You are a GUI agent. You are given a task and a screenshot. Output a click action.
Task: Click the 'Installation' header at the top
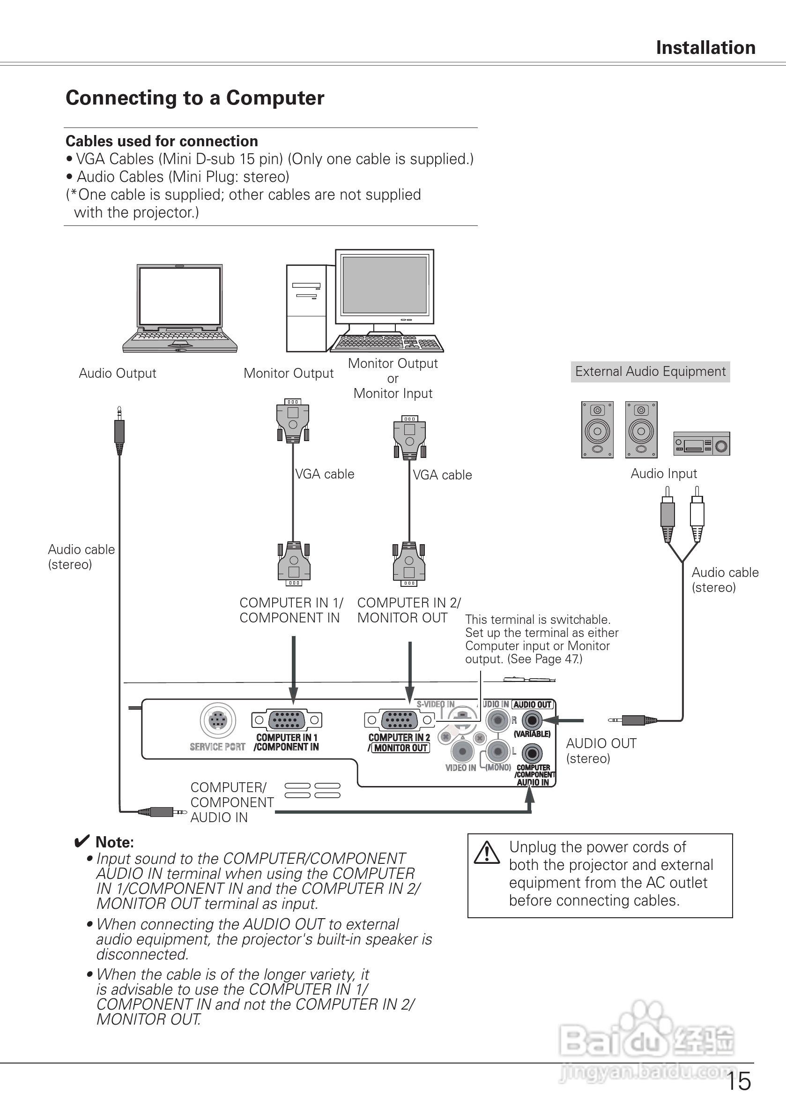click(x=705, y=48)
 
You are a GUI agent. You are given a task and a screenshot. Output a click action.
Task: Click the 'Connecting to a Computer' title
click(x=195, y=97)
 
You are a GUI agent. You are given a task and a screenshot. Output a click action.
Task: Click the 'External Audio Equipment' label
click(x=650, y=372)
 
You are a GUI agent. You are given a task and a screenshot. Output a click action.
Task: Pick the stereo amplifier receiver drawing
click(x=702, y=444)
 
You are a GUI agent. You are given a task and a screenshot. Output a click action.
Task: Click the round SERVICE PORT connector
click(x=218, y=720)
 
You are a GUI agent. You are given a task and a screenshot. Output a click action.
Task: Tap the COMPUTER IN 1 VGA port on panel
click(x=287, y=720)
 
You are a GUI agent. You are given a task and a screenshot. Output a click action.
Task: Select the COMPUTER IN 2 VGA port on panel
click(x=399, y=720)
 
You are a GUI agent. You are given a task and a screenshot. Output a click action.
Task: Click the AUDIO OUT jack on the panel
click(x=533, y=720)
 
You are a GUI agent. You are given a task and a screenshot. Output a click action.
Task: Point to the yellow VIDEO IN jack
click(x=462, y=751)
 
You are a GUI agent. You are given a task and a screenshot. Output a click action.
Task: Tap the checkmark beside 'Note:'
click(x=82, y=841)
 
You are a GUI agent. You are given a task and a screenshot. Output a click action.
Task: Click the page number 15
click(x=738, y=1081)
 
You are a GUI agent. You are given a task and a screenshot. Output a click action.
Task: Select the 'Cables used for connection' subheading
click(x=162, y=142)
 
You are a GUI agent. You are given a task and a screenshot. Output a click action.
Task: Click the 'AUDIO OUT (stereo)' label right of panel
click(x=601, y=751)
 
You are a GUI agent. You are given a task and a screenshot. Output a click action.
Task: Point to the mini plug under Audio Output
click(x=119, y=430)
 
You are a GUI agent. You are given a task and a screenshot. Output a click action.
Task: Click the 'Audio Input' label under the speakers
click(x=664, y=474)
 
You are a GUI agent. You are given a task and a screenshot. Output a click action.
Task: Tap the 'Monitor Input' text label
click(x=393, y=394)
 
